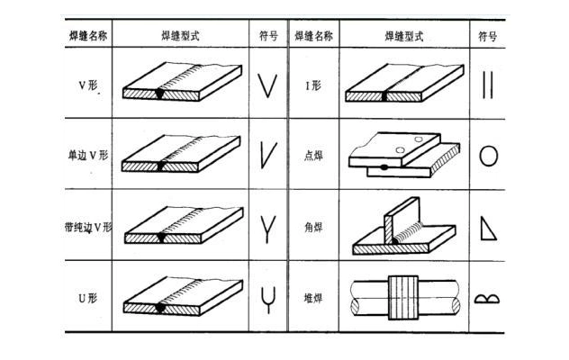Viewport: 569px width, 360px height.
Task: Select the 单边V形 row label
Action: pyautogui.click(x=88, y=156)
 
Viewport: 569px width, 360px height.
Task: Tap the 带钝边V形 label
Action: pyautogui.click(x=89, y=228)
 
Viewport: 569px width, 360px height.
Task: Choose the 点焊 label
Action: pyautogui.click(x=313, y=156)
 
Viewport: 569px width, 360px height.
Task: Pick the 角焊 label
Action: pyautogui.click(x=313, y=228)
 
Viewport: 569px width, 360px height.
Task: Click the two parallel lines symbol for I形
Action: pyautogui.click(x=488, y=85)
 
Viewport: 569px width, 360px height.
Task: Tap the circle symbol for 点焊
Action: pyautogui.click(x=488, y=156)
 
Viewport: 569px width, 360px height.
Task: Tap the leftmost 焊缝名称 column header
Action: pyautogui.click(x=88, y=37)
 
